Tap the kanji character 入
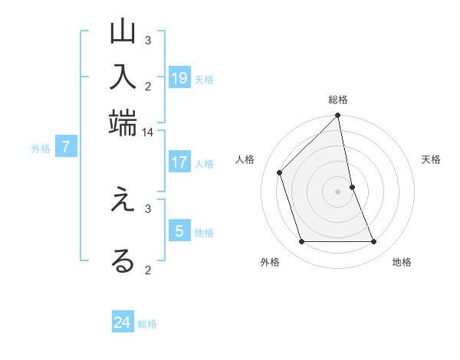coord(123,77)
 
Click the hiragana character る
coord(123,260)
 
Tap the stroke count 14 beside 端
coord(147,133)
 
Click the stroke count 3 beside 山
coord(148,40)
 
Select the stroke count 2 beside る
coord(148,269)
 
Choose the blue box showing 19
coord(179,77)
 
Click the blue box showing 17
coord(179,162)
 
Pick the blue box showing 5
coord(179,231)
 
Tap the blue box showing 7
coord(67,148)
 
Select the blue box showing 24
coord(123,322)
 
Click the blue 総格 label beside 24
coord(147,324)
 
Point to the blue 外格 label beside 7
coord(41,149)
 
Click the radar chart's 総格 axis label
coord(338,100)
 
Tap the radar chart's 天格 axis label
coord(432,159)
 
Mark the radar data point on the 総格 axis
coord(338,116)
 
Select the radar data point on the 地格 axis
coord(373,242)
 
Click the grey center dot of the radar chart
coord(338,191)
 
